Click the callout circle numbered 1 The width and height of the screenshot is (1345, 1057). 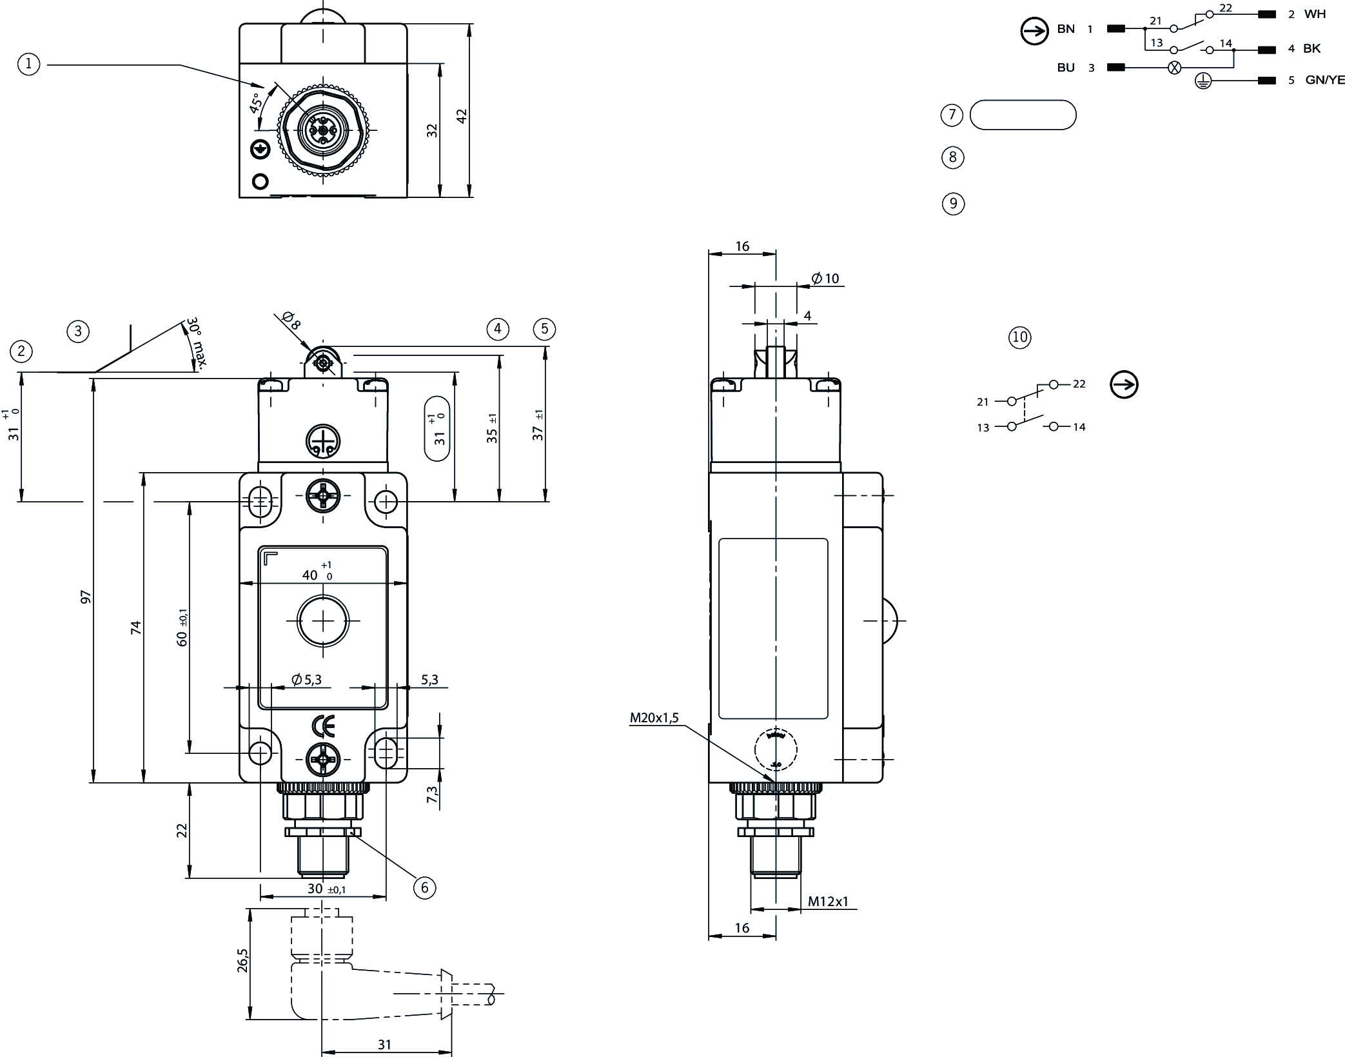coord(29,64)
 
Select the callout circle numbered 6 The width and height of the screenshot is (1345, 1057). coord(424,887)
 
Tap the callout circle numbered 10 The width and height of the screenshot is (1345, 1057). coord(1020,337)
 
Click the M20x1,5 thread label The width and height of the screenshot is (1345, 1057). coord(654,718)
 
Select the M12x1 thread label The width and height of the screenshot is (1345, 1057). coord(829,901)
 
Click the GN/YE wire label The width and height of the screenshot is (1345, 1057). coord(1325,81)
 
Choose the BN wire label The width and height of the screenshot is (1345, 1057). coord(1066,29)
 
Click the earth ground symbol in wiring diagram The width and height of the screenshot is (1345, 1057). coord(1203,81)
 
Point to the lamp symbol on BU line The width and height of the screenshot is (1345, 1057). coord(1175,67)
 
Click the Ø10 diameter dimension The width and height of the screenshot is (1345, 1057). coord(825,279)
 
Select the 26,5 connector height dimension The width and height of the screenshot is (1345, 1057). coord(242,960)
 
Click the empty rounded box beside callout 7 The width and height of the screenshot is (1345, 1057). coord(1023,115)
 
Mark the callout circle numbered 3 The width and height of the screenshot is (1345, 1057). coord(78,331)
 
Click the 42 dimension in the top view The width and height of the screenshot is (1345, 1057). coord(461,116)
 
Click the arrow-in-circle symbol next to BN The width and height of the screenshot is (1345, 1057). coord(1034,31)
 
